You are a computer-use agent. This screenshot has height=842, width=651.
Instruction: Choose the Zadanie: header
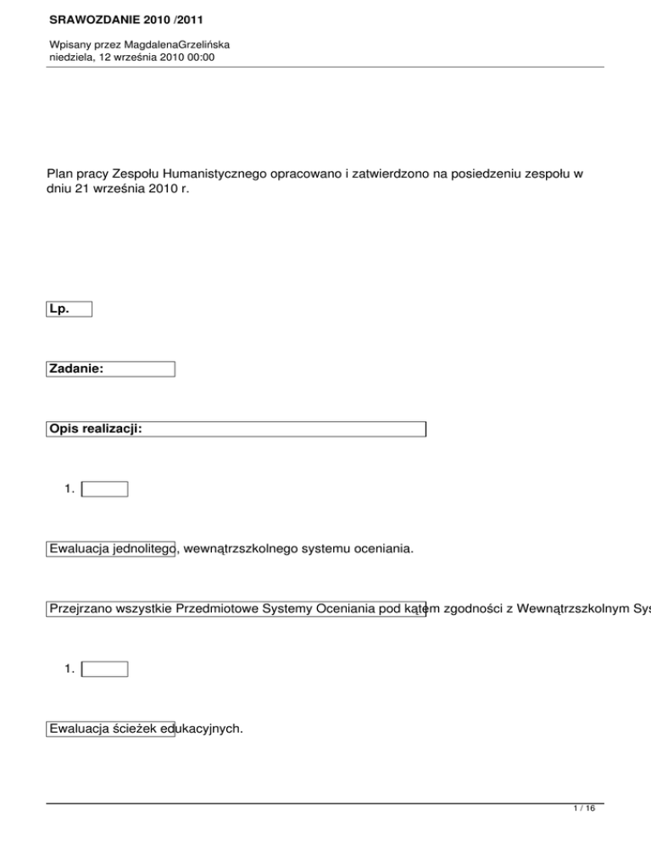point(77,368)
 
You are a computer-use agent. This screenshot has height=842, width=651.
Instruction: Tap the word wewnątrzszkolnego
point(241,550)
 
